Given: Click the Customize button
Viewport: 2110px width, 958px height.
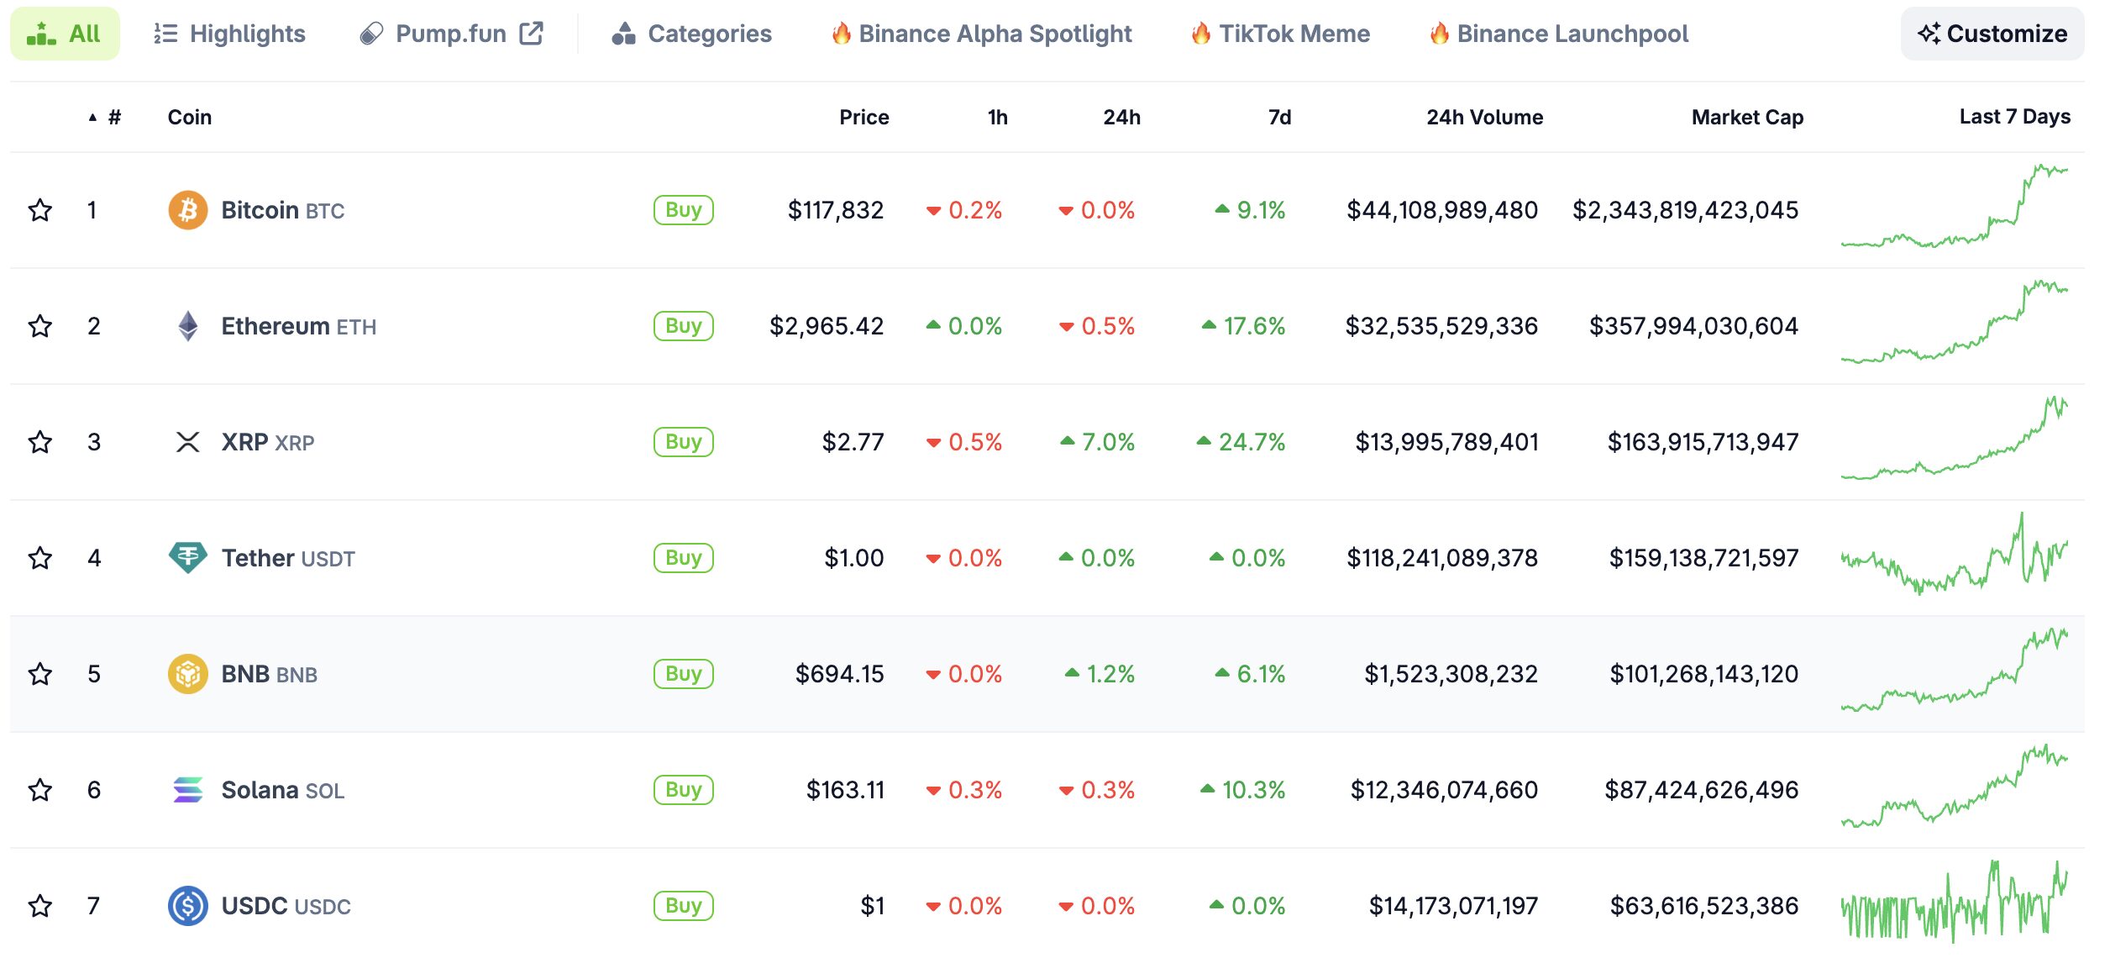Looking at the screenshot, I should [1992, 34].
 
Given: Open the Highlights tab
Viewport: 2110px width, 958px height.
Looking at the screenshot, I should [229, 34].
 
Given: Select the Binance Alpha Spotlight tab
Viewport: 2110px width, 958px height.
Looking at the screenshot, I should [981, 34].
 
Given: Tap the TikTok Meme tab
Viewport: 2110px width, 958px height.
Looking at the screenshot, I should [1280, 34].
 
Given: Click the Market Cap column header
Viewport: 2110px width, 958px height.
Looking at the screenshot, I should [1747, 117].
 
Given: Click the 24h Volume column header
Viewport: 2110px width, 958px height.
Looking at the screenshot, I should [1484, 117].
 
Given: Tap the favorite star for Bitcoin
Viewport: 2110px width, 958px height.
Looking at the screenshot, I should [40, 210].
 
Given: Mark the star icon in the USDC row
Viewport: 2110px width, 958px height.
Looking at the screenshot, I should [40, 906].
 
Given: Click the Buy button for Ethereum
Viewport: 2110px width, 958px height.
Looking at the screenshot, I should [683, 326].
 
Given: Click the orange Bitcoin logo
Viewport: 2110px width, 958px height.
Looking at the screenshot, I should [188, 210].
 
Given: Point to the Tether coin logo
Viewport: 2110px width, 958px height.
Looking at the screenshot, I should [188, 558].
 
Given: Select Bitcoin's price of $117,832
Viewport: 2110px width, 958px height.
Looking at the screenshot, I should [835, 210].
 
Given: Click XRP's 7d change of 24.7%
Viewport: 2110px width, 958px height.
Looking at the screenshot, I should [1241, 442].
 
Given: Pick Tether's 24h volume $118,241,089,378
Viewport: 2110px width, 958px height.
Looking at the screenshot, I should [1441, 558].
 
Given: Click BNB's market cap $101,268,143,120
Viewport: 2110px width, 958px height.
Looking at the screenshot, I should [1703, 674].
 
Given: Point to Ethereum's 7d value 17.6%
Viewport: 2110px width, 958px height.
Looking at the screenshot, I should [1243, 326].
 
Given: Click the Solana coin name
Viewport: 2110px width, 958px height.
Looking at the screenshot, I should [260, 790].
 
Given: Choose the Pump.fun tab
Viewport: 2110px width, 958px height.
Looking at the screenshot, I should [451, 34].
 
